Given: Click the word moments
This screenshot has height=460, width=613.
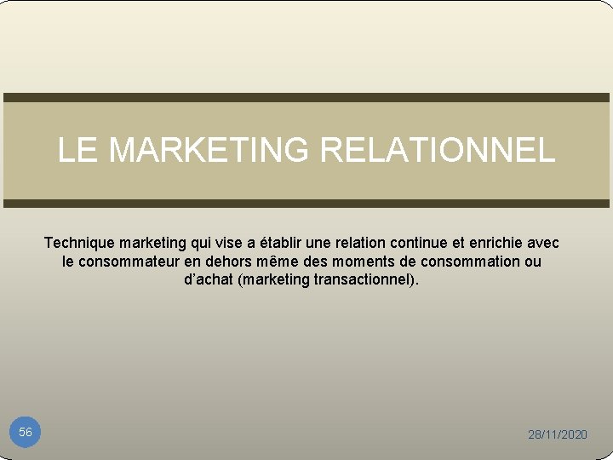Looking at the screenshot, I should click(x=367, y=262).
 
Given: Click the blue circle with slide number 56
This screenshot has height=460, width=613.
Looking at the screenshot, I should click(x=26, y=433).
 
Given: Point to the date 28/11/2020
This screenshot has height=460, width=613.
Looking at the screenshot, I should click(x=558, y=434).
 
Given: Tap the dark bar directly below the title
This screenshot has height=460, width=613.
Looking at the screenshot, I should click(x=306, y=204).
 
